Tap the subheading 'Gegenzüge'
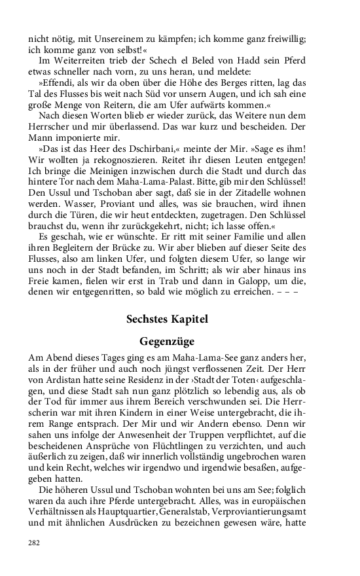167,341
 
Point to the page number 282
33,543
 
